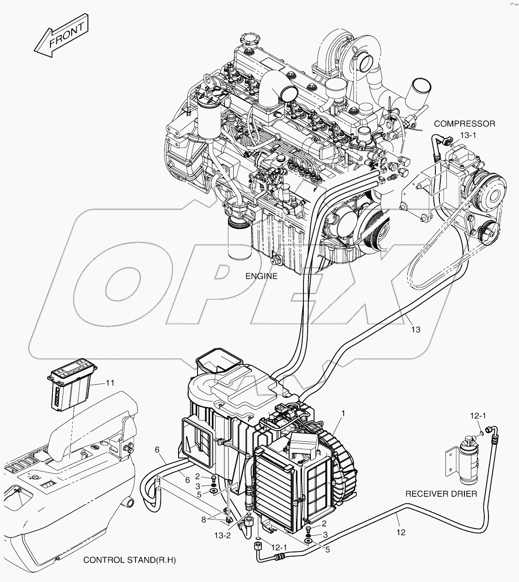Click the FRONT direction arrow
tap(61, 38)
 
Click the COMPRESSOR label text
tap(464, 124)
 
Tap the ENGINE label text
tap(262, 276)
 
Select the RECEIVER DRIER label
tap(441, 494)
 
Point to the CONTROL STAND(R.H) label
tap(130, 560)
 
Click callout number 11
tap(110, 383)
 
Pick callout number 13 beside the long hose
tap(415, 329)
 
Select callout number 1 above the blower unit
tap(343, 413)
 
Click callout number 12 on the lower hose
tap(401, 532)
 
